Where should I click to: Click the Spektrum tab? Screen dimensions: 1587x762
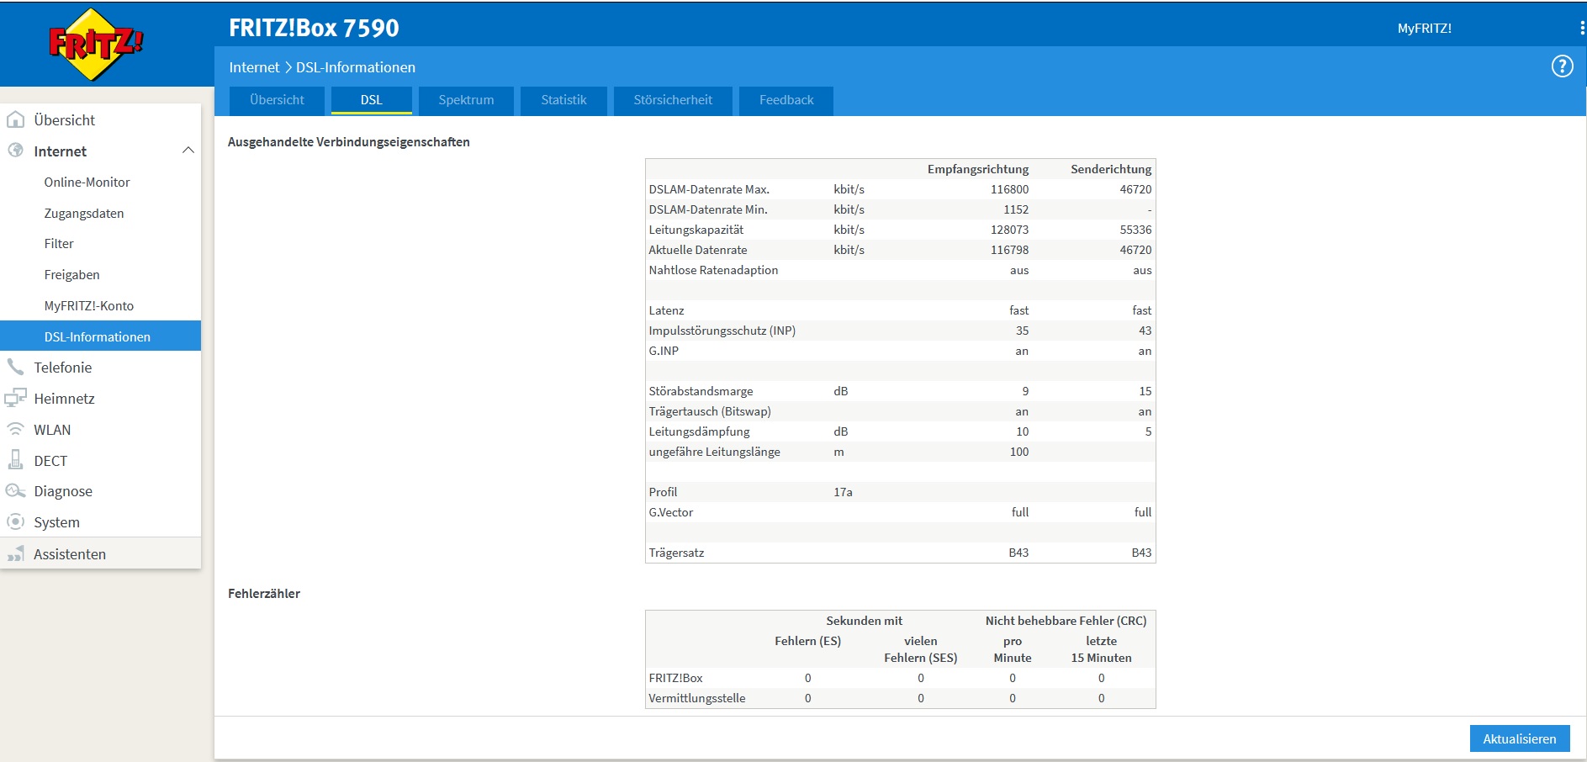466,100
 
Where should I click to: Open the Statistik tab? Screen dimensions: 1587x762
563,100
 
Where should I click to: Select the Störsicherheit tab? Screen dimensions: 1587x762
673,100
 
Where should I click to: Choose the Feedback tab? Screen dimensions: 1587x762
786,100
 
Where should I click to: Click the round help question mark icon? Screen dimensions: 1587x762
1562,66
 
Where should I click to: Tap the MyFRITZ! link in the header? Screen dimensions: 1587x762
1424,29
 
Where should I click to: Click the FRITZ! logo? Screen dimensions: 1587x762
96,45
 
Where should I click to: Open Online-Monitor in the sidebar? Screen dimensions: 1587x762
87,183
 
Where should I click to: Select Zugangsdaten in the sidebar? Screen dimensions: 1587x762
84,214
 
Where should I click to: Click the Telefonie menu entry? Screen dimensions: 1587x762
62,368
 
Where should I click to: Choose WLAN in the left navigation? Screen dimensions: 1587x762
52,430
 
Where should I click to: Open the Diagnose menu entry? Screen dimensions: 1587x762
63,491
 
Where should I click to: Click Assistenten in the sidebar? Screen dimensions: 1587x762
70,554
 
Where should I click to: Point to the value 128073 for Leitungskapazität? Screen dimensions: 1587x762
1009,230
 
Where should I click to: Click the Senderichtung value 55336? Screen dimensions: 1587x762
1135,230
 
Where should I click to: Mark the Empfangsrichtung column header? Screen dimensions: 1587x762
978,169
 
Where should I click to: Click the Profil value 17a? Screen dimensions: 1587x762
843,492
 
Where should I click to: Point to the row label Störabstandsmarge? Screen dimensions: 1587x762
701,391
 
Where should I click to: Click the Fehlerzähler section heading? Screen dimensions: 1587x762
264,594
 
